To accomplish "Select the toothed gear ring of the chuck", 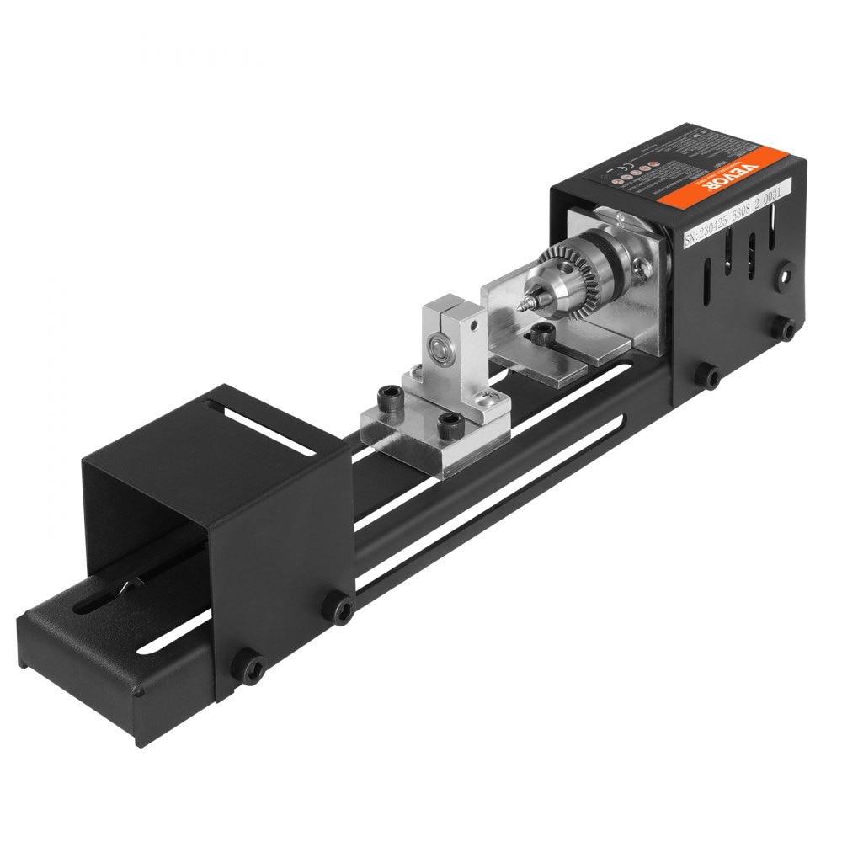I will coord(559,279).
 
